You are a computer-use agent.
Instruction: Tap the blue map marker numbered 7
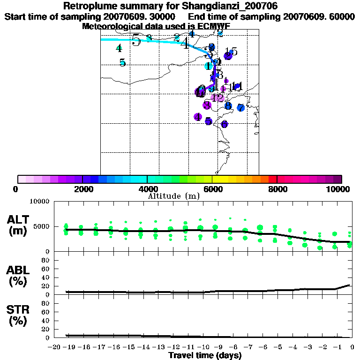click(x=240, y=108)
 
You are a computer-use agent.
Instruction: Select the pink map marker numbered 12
click(x=217, y=97)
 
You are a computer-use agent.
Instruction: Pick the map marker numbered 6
click(x=224, y=124)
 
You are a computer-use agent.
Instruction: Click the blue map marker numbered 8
click(x=228, y=106)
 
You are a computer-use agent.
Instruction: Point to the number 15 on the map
click(x=231, y=52)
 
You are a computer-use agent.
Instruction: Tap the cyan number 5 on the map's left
click(x=122, y=63)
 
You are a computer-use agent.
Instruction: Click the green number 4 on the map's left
click(x=119, y=48)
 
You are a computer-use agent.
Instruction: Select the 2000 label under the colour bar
click(x=82, y=189)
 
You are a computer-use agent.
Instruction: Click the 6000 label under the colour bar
click(x=212, y=189)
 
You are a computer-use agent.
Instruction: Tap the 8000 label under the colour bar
click(x=277, y=189)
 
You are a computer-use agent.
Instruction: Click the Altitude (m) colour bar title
click(x=174, y=196)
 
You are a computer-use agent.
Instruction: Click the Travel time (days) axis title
click(x=205, y=355)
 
